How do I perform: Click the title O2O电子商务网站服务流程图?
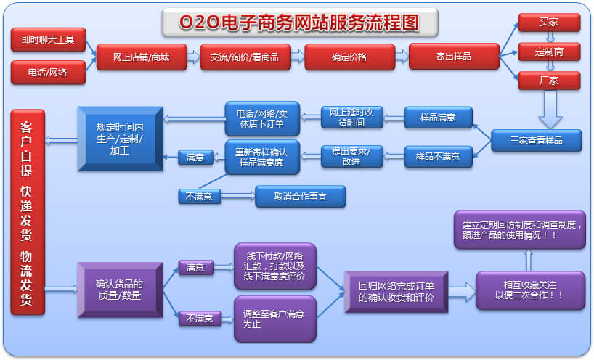pos(298,22)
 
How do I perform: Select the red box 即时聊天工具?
pos(48,39)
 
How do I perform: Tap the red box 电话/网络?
pos(48,73)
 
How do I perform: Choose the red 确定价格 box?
pos(349,57)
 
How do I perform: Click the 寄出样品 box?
pos(454,57)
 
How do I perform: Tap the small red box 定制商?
pos(549,52)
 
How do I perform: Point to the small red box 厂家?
pos(549,81)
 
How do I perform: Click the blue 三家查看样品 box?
pos(537,140)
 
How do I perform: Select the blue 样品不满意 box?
pos(437,156)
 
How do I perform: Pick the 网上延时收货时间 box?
pos(351,117)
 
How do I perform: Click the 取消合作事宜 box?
pos(300,196)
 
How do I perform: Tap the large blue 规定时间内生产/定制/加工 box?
pos(120,139)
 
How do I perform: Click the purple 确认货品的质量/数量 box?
pos(120,290)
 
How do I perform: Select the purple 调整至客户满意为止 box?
pos(274,319)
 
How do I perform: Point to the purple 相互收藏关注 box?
pos(530,290)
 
